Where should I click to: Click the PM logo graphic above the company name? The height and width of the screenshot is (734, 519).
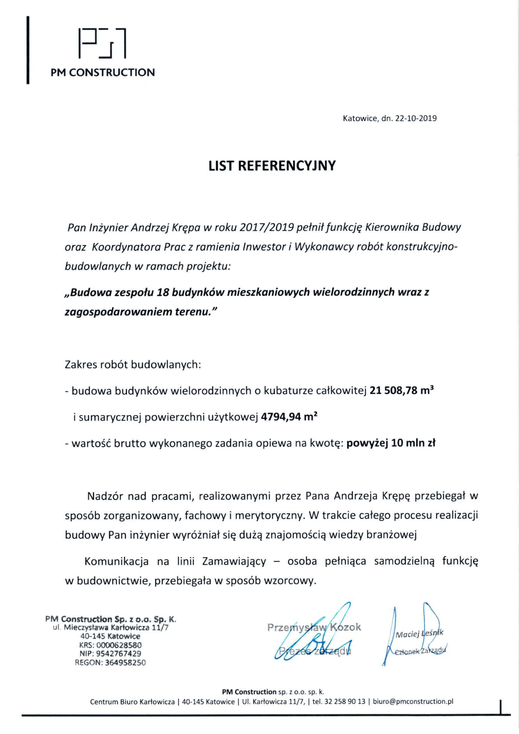point(102,43)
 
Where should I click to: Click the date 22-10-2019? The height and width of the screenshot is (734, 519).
point(415,119)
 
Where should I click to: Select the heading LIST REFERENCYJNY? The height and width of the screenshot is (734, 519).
point(272,166)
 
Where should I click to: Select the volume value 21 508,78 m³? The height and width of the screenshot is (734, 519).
point(402,390)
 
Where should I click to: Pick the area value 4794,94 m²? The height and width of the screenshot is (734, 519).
point(289,417)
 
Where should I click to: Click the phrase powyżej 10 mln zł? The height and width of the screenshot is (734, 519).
point(391,443)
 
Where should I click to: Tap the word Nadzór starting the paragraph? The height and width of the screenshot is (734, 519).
point(105,496)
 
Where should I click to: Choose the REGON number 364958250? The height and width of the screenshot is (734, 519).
point(125,663)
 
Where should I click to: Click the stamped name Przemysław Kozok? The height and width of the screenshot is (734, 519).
point(314,627)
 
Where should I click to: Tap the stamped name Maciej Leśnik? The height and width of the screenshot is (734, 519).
point(419,633)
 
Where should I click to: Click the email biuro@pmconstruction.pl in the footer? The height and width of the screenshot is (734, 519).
point(413,702)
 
